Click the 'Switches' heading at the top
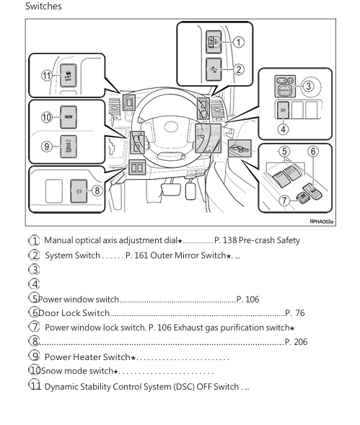point(43,6)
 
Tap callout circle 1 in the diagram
point(239,42)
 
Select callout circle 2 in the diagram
point(239,70)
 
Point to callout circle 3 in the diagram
point(308,87)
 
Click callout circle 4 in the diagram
point(284,130)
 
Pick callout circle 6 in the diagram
point(312,152)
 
